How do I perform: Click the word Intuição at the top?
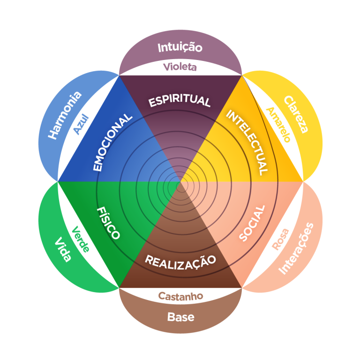[180, 47]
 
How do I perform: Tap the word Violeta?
[180, 67]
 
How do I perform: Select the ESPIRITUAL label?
[180, 100]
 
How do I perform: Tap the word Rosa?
[280, 238]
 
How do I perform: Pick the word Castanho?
[180, 296]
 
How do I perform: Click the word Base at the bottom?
[180, 317]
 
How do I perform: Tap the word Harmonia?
[65, 114]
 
